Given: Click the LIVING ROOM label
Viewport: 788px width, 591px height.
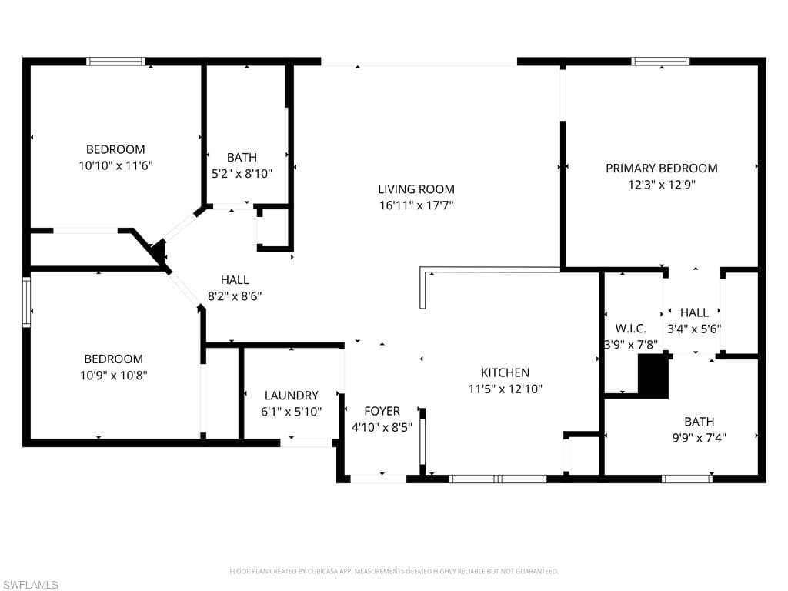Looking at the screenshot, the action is click(416, 189).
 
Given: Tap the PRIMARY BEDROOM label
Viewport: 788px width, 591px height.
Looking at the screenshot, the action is click(661, 169).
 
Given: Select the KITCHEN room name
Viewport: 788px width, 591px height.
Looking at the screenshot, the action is click(505, 372).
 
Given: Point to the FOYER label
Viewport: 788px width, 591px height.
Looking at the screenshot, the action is click(382, 411).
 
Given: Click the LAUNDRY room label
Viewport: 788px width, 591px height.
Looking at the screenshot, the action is click(292, 396).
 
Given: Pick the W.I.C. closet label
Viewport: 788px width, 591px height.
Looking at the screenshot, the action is click(631, 329).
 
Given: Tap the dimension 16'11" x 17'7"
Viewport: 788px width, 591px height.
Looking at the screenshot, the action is click(416, 205).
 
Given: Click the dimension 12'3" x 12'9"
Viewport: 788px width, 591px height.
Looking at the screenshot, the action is click(662, 185).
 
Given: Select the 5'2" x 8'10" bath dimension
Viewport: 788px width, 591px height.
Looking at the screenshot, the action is click(242, 174).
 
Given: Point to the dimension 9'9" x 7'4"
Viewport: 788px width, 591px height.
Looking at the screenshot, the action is click(699, 438).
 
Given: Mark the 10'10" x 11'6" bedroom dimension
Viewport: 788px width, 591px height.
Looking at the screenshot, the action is click(115, 165).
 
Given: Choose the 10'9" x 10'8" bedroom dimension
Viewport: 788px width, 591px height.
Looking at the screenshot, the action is click(114, 375).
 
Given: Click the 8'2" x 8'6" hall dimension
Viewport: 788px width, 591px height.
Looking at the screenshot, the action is click(235, 296).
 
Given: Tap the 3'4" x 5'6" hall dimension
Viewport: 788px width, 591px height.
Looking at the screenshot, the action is click(694, 329).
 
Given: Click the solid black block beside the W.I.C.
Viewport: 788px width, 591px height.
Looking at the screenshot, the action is click(653, 376).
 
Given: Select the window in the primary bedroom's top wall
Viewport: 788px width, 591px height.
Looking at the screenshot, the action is click(660, 62).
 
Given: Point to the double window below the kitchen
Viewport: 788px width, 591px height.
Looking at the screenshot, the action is click(498, 479).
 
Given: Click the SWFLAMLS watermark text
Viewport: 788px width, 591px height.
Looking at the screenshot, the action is click(29, 585).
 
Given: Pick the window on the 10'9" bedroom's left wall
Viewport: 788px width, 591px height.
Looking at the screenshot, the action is click(26, 302).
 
